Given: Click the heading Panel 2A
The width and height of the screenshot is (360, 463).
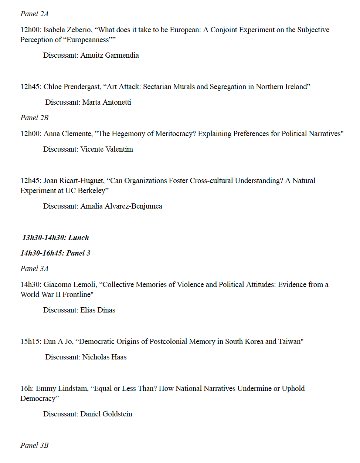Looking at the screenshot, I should point(34,14).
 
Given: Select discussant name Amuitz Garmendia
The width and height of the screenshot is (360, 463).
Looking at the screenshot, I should point(109,55).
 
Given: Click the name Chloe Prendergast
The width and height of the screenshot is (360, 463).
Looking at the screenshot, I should point(72,87).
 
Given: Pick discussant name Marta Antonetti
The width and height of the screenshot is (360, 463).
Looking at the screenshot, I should point(106,102).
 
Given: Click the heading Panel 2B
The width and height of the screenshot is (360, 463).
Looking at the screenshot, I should point(34,118).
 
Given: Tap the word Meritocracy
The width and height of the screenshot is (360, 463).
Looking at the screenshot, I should point(174,134).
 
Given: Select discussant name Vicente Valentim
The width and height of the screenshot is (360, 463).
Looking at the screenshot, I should point(106,149).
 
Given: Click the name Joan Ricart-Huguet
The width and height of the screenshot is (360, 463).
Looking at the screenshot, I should point(74,181).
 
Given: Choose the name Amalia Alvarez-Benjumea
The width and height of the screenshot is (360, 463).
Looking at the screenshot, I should point(121,206).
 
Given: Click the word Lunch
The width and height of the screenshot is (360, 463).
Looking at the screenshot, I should point(78,238).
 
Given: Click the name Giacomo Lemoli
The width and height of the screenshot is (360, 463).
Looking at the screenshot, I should point(70,285).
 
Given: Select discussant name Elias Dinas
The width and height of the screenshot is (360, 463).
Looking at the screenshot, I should point(98,310).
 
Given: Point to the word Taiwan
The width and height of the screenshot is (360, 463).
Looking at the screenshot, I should point(289,342).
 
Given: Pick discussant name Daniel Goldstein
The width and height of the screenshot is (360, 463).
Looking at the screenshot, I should point(106,414).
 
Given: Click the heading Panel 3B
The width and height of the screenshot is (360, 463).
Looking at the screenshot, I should point(34,446).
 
